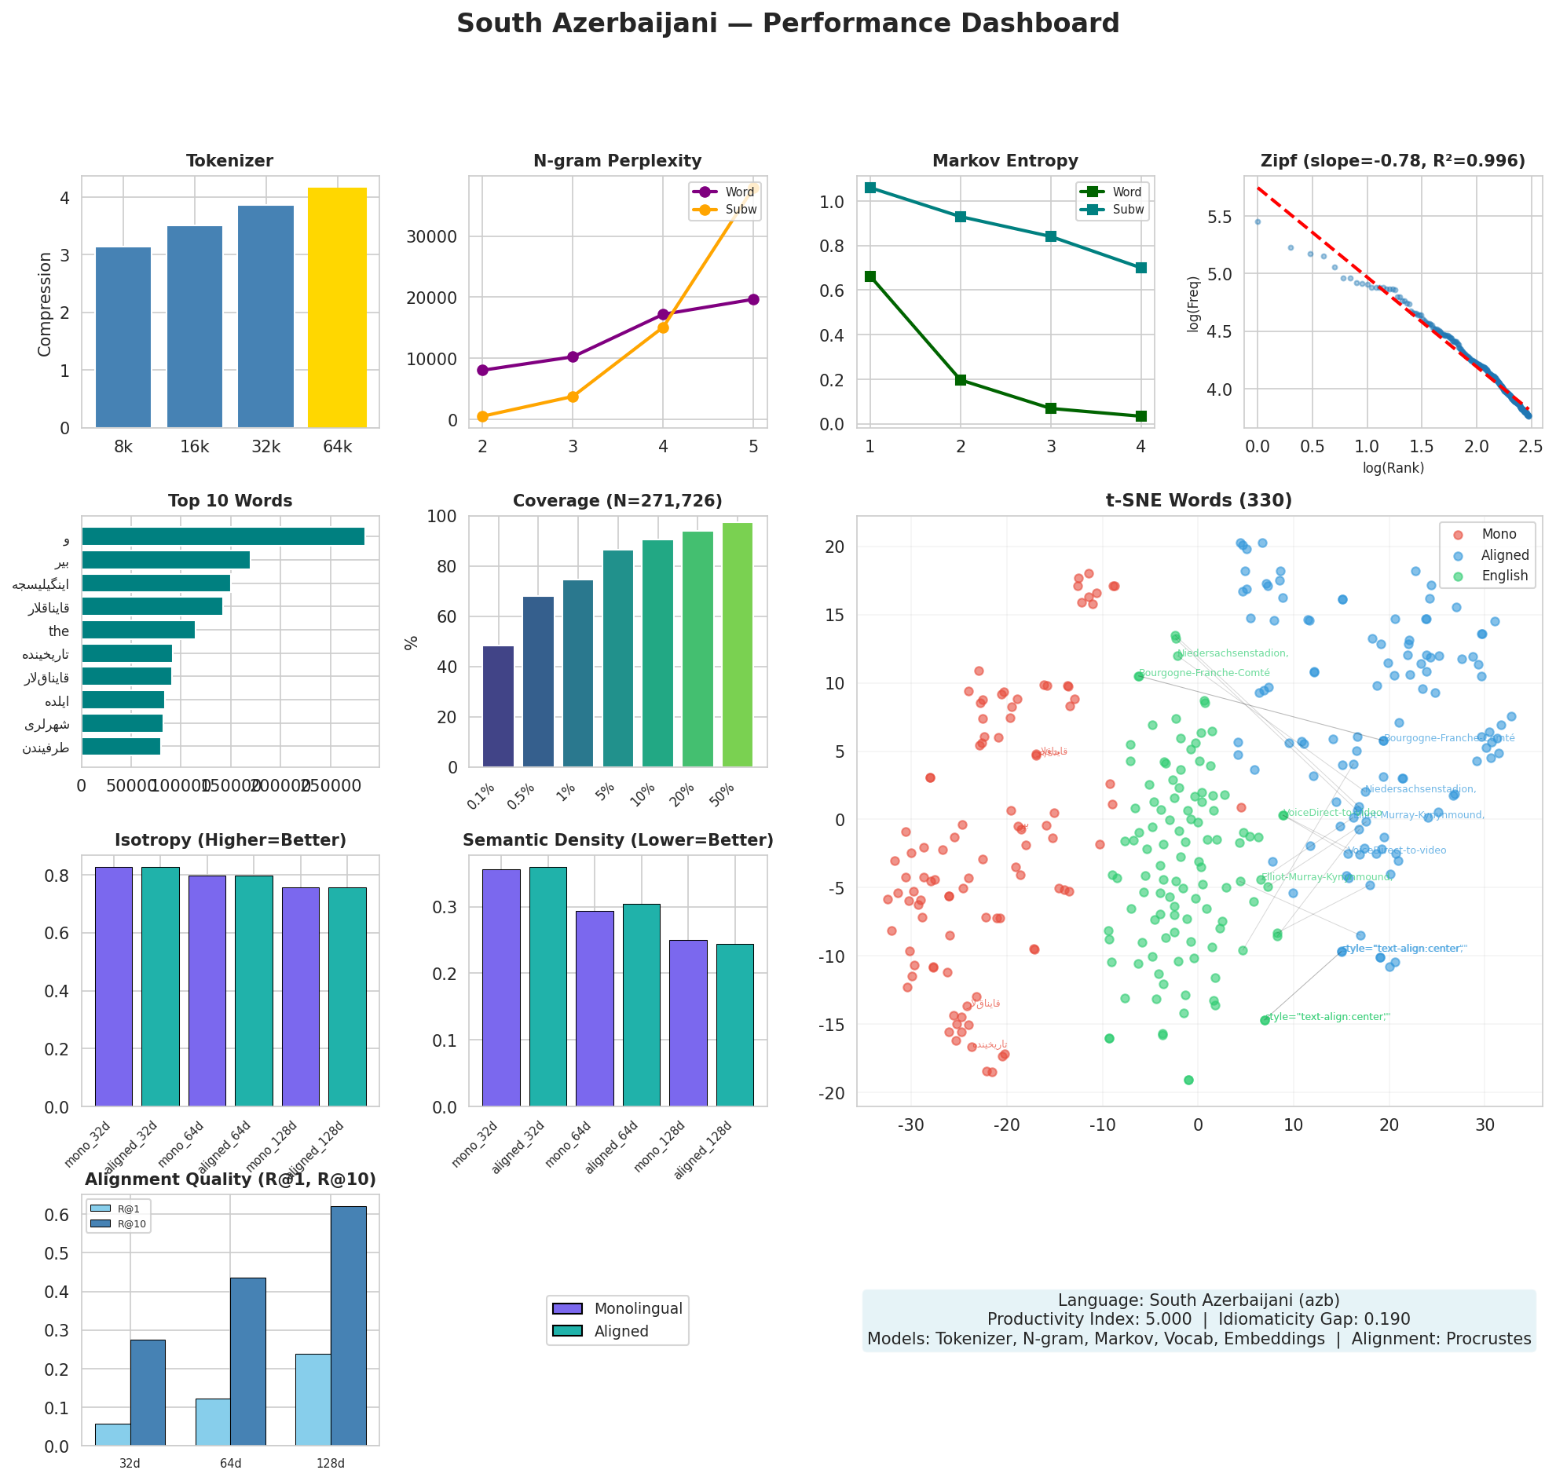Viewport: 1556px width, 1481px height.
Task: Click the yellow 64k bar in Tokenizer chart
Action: coord(337,308)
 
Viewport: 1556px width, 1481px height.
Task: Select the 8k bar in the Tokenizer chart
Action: coord(123,338)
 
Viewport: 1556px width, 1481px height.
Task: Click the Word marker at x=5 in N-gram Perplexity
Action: coord(753,299)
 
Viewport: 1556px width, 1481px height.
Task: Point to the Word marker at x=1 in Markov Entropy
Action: coord(870,276)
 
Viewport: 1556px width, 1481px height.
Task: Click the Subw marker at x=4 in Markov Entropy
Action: coord(1140,268)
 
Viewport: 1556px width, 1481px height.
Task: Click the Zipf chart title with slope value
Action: coord(1393,161)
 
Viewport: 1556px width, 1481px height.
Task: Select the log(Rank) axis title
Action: coord(1393,468)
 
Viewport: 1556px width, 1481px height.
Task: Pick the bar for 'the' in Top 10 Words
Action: coord(138,630)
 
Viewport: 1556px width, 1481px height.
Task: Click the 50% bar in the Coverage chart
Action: coord(738,644)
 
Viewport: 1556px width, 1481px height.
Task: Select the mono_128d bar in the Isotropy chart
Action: coord(301,996)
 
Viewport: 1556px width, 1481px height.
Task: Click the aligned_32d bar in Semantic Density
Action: coord(548,986)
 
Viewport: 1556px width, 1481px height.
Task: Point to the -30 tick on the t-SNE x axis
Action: coord(911,1124)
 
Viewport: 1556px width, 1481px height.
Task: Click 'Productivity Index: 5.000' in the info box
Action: coord(1089,1319)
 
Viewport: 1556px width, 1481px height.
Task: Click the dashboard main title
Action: coord(787,24)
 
